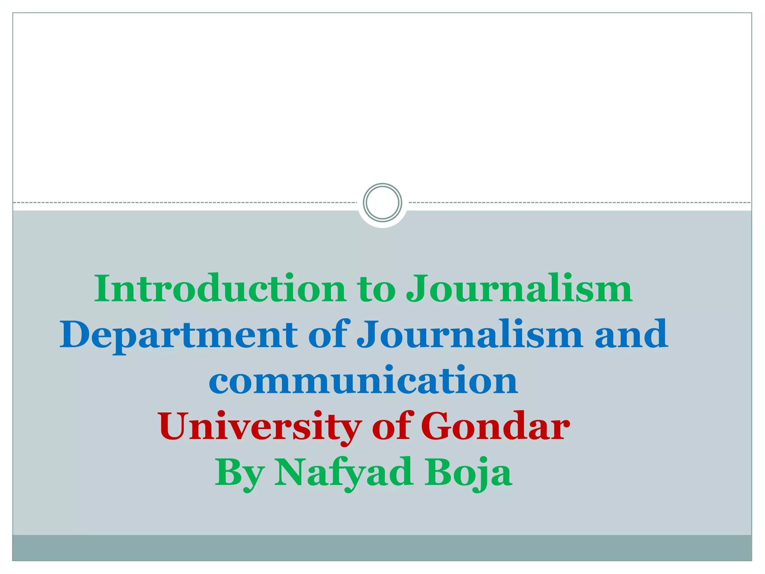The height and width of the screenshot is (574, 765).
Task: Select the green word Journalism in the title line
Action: [x=519, y=288]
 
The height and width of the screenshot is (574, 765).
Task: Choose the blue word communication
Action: [x=363, y=380]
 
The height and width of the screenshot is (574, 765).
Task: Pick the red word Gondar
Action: [x=495, y=426]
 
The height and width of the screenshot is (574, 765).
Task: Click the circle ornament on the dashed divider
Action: [x=382, y=203]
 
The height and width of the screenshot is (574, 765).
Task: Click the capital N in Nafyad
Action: [x=292, y=472]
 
